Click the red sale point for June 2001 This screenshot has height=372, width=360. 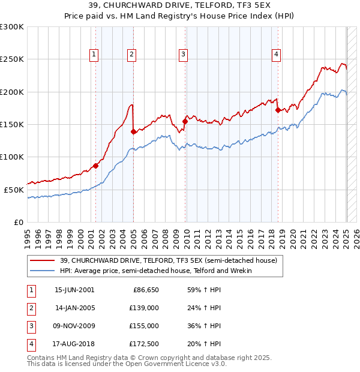pos(95,166)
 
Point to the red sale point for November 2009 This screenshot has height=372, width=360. pos(185,122)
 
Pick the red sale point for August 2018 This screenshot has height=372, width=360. pos(278,110)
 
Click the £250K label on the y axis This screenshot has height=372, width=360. pos(12,60)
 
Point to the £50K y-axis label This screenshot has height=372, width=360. pos(14,190)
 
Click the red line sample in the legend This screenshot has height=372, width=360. pos(43,260)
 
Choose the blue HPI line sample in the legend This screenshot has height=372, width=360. pos(43,271)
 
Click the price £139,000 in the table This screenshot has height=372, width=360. pos(145,307)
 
